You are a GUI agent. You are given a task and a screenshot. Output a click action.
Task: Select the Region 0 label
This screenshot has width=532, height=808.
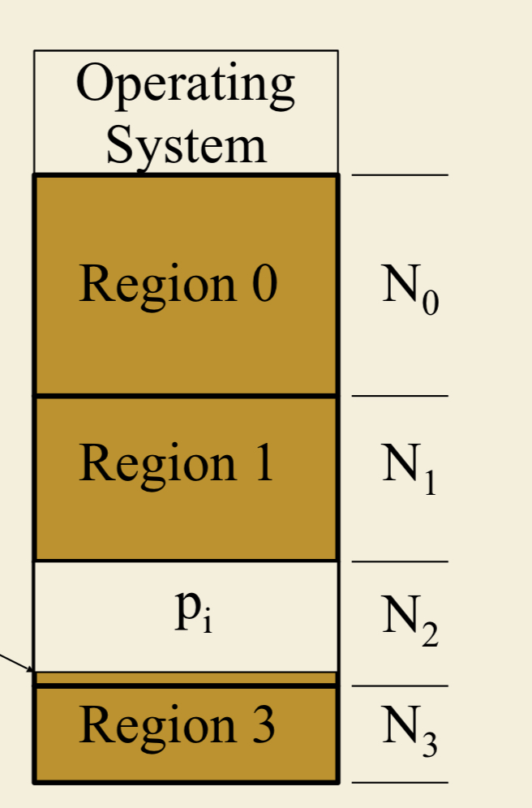pos(178,284)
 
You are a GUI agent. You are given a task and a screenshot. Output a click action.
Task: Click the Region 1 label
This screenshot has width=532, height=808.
pos(177,463)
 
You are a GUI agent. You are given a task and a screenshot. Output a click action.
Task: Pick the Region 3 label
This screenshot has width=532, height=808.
pos(177,724)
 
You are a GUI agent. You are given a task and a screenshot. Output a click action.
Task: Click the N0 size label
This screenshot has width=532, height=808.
pos(410,289)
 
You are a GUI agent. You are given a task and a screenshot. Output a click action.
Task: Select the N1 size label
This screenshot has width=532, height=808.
pos(410,468)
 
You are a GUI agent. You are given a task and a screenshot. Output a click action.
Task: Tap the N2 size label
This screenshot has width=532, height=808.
pos(410,621)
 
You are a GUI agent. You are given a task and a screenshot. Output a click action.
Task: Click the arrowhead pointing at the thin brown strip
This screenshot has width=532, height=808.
pos(30,670)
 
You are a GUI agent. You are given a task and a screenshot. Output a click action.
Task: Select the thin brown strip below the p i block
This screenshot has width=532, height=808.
pos(186,678)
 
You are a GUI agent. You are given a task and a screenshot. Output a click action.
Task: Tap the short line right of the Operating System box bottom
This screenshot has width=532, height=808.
pos(399,174)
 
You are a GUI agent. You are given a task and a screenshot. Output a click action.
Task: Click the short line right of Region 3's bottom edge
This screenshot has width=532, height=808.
pos(399,783)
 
